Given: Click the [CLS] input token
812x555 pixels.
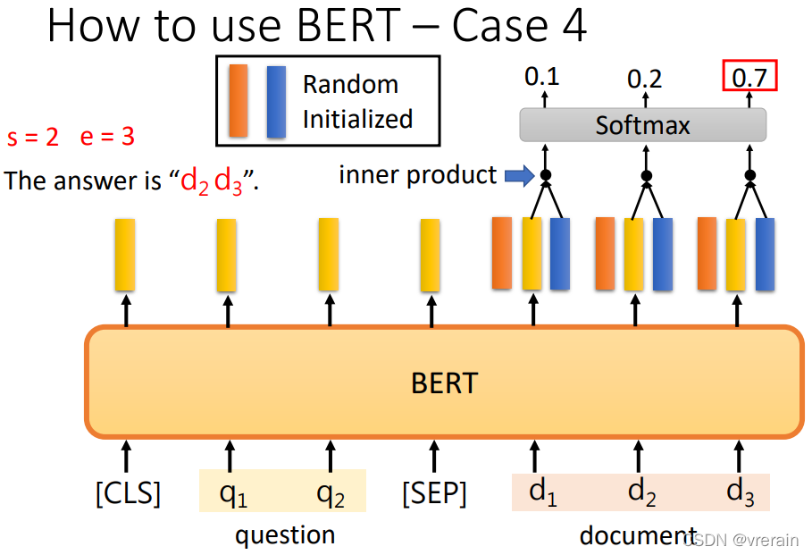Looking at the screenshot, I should (128, 492).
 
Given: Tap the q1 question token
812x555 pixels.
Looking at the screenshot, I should (233, 492).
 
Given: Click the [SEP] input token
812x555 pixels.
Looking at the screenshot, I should (434, 492).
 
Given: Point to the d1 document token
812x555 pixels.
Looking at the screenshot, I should (543, 492).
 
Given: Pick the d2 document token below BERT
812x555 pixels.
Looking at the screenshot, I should (642, 492).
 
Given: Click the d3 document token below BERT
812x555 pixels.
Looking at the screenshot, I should (741, 492).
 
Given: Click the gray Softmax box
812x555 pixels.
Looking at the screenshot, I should (643, 125).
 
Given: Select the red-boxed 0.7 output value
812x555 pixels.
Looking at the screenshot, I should (749, 78).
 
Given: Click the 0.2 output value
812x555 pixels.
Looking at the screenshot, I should (644, 79).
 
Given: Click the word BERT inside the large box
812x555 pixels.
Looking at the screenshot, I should (444, 383).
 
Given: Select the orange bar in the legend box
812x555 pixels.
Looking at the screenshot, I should (239, 100).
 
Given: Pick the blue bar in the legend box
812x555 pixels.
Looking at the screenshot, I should (276, 101).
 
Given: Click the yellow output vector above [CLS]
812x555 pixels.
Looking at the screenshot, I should (125, 255).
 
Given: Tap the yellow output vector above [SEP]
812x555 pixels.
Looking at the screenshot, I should (431, 255).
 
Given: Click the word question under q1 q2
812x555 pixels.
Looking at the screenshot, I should (285, 534).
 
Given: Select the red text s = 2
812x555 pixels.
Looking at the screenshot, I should (33, 138).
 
